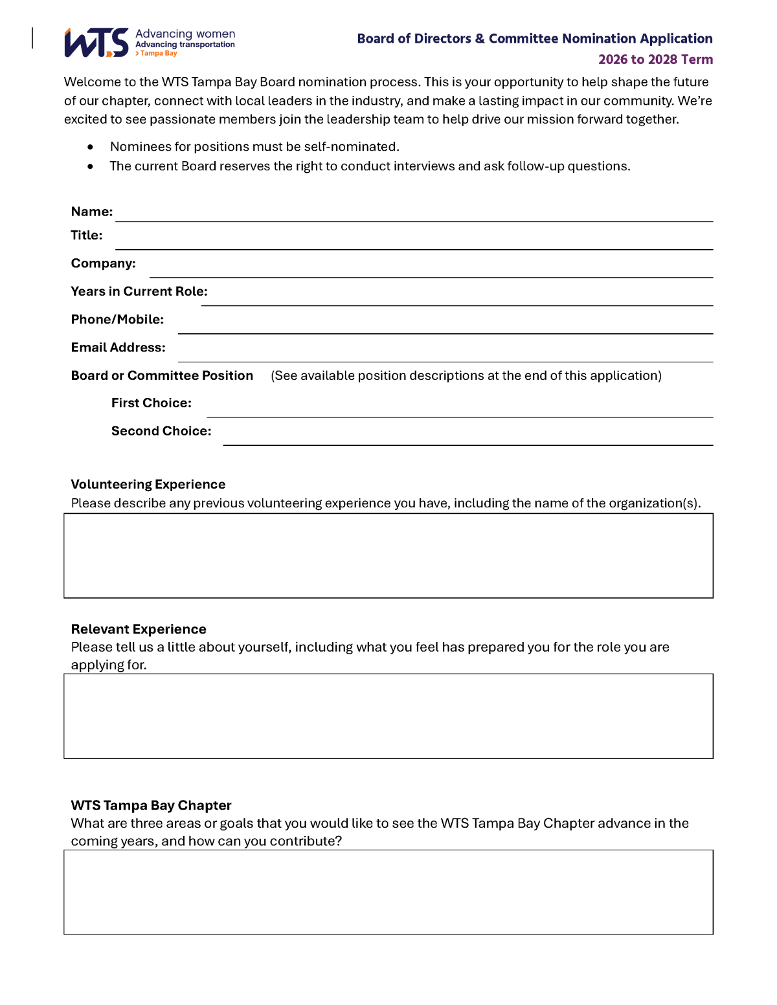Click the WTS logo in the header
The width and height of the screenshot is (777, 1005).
pos(97,43)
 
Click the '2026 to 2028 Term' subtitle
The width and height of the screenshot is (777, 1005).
pos(655,60)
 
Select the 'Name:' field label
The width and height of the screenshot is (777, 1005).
pos(92,212)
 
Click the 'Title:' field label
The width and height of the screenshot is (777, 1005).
pos(87,236)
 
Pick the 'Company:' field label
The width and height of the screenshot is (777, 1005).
pos(104,263)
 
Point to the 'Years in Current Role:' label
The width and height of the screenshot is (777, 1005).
pos(139,291)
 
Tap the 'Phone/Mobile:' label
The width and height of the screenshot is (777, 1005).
pos(117,320)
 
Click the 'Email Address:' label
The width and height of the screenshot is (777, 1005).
pos(118,348)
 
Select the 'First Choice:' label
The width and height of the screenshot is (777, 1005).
pos(152,403)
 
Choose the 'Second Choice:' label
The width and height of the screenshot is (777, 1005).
pos(161,431)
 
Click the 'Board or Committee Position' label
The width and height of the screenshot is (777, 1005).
pos(162,375)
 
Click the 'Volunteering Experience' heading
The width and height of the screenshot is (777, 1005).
pos(148,485)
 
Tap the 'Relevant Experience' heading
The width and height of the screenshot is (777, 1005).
pos(139,629)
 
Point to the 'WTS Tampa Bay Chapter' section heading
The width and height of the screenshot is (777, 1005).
pos(151,805)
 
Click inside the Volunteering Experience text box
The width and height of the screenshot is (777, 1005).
pos(388,556)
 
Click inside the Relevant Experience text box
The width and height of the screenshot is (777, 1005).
pos(388,716)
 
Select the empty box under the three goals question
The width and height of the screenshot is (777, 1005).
pos(388,892)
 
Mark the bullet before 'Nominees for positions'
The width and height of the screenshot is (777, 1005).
pos(90,147)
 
